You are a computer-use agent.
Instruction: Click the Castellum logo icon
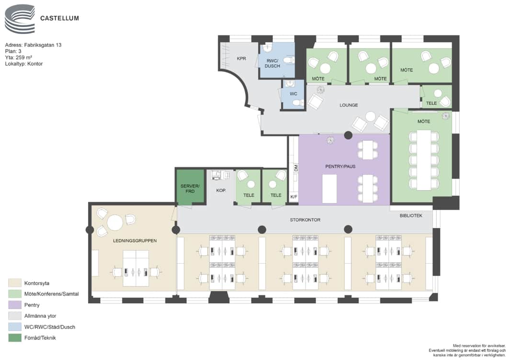coord(20,19)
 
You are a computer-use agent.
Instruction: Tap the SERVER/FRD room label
coord(190,189)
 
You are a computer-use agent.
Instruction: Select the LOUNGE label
coord(349,105)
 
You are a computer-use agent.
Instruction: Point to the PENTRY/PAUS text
coord(340,167)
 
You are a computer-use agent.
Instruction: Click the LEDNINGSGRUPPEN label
coord(135,241)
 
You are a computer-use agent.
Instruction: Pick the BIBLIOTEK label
coord(411,216)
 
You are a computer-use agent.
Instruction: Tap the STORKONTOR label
coord(305,220)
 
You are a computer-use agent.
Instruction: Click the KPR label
coord(241,58)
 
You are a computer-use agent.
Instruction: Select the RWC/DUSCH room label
coord(273,63)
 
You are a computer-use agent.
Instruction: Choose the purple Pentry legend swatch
coord(15,305)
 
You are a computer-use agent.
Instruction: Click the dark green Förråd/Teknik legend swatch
coord(15,338)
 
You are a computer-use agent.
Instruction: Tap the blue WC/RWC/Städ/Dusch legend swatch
coord(15,327)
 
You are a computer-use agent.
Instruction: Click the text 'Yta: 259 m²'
coord(19,57)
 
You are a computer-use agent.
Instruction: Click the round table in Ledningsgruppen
coord(115,223)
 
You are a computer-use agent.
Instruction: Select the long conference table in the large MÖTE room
coord(424,160)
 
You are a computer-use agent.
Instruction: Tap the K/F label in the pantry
coord(294,197)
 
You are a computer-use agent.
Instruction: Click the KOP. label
coord(221,190)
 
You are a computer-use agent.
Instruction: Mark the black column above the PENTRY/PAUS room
coord(348,135)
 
